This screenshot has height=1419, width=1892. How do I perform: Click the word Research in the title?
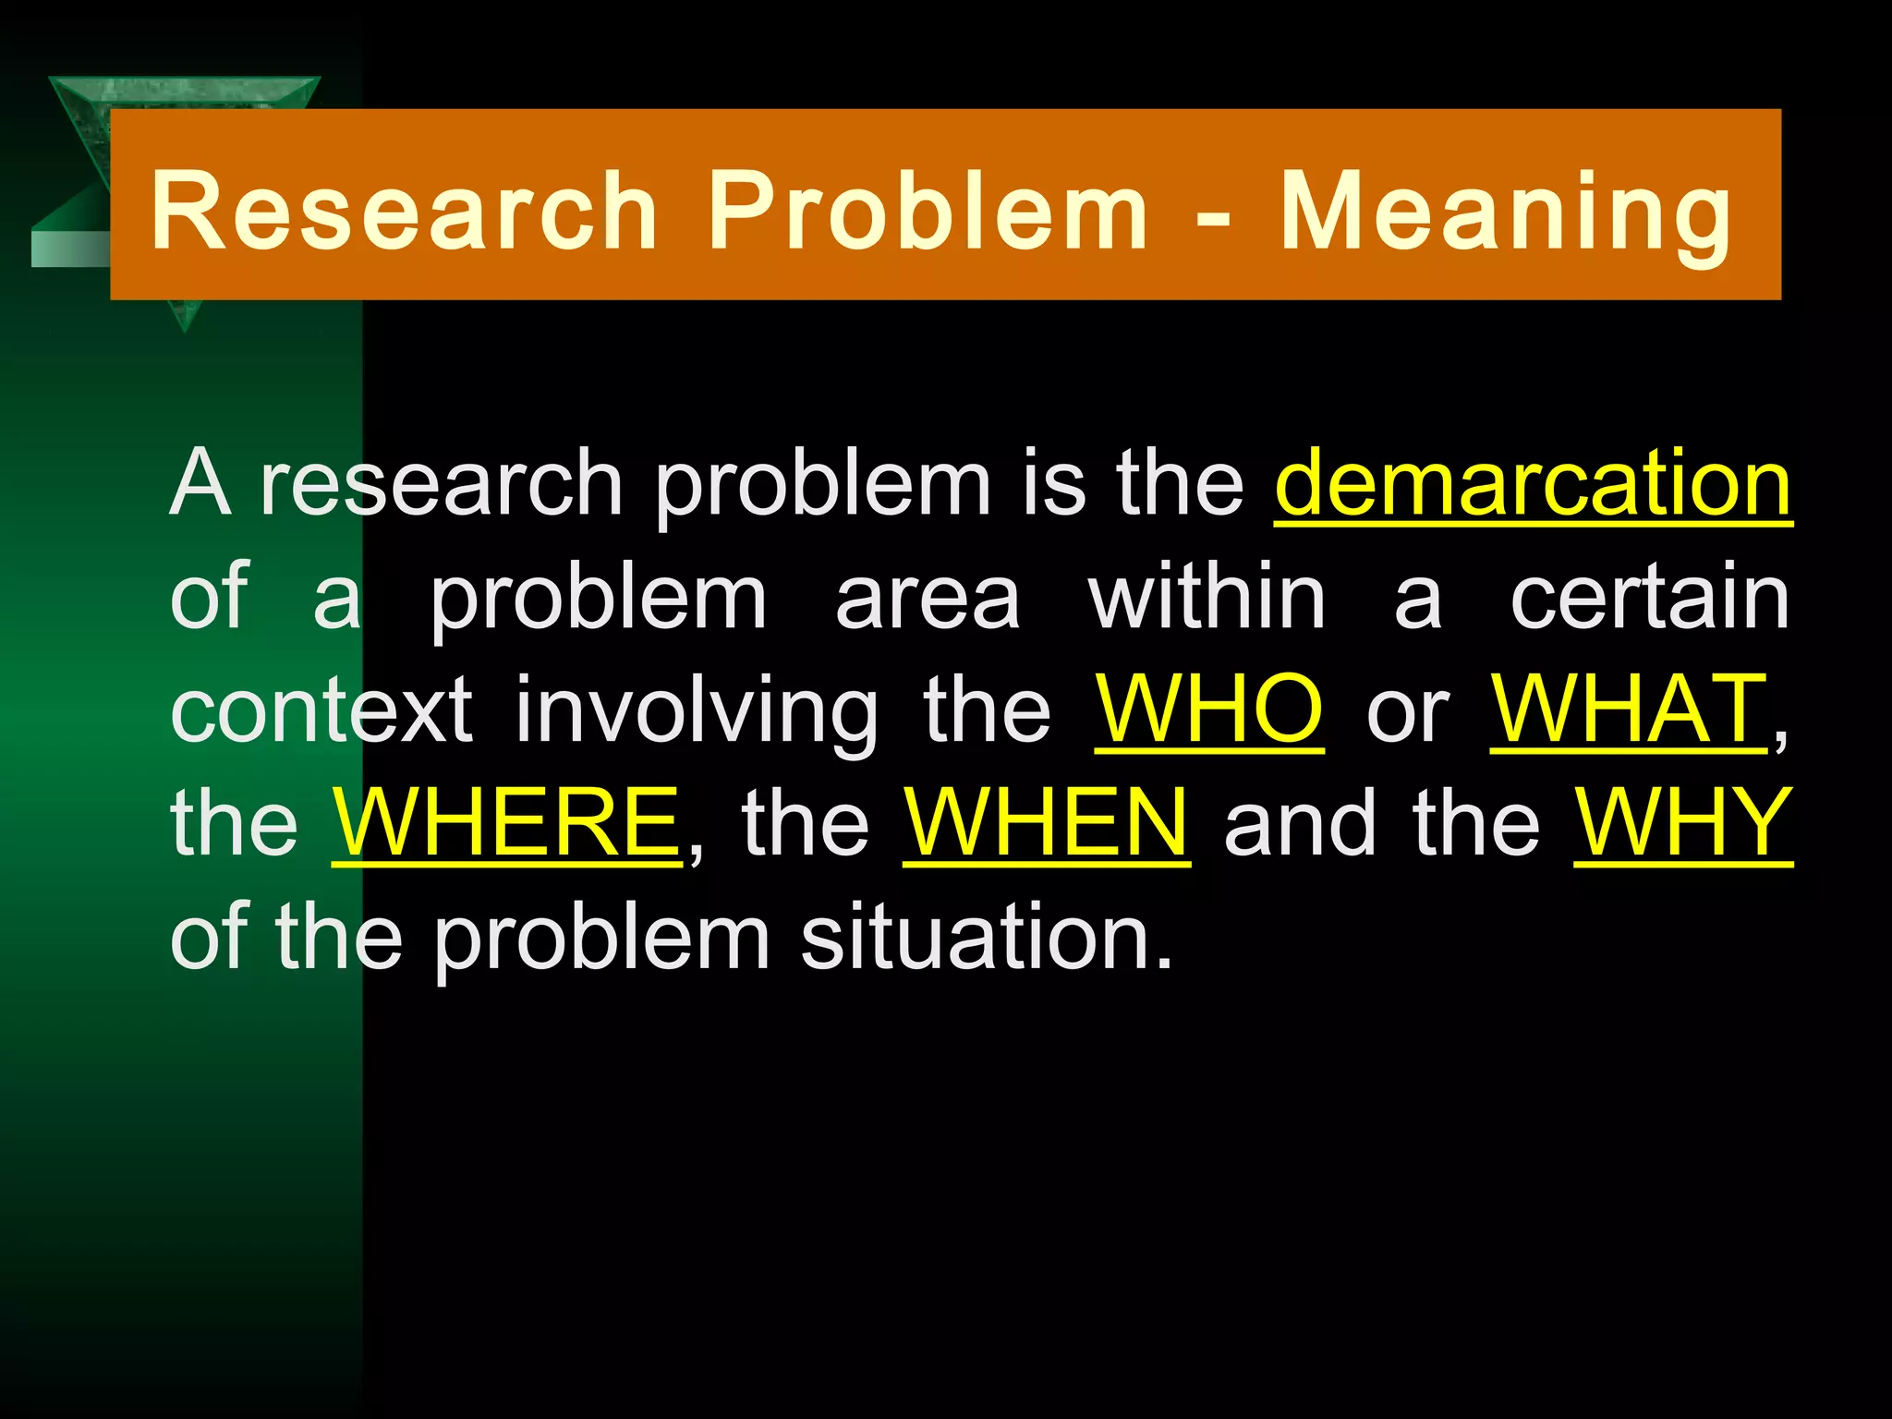tap(404, 211)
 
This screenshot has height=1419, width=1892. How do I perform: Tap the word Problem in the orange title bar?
tap(928, 211)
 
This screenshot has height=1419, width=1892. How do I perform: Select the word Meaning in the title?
tap(1505, 211)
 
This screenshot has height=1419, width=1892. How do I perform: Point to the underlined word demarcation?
tap(1533, 483)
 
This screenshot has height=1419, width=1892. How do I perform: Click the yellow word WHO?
tap(1208, 709)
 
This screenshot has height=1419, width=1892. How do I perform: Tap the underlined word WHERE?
tap(507, 822)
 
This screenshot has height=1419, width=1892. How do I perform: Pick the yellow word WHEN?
tap(1047, 822)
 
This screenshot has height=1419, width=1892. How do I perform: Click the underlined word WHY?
tap(1683, 822)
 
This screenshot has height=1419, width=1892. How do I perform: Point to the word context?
tap(321, 709)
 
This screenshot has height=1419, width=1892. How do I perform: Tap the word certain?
tap(1650, 597)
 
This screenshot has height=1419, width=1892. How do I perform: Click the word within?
tap(1207, 597)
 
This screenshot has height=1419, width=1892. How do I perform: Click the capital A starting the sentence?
tap(200, 483)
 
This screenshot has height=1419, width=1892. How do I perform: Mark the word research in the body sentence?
tap(442, 483)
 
